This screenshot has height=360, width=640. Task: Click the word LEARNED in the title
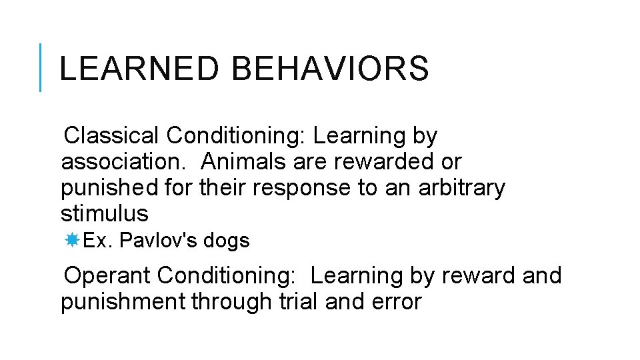click(139, 69)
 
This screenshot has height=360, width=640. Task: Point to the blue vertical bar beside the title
click(41, 67)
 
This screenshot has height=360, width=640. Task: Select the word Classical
click(111, 136)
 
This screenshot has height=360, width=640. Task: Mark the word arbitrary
click(461, 188)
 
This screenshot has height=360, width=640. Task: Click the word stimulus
click(105, 214)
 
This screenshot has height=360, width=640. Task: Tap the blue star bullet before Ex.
click(73, 241)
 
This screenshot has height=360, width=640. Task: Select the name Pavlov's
click(158, 241)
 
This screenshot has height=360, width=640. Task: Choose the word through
click(232, 301)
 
